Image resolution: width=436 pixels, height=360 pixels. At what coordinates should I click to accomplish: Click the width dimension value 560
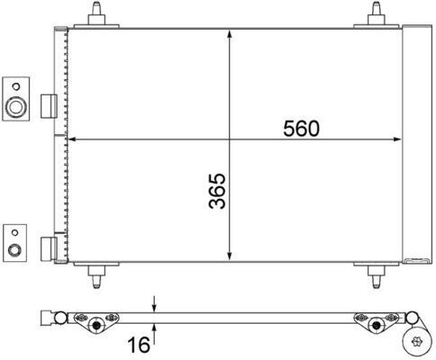(x=302, y=129)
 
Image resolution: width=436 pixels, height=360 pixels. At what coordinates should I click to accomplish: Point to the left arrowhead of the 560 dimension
(x=74, y=139)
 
